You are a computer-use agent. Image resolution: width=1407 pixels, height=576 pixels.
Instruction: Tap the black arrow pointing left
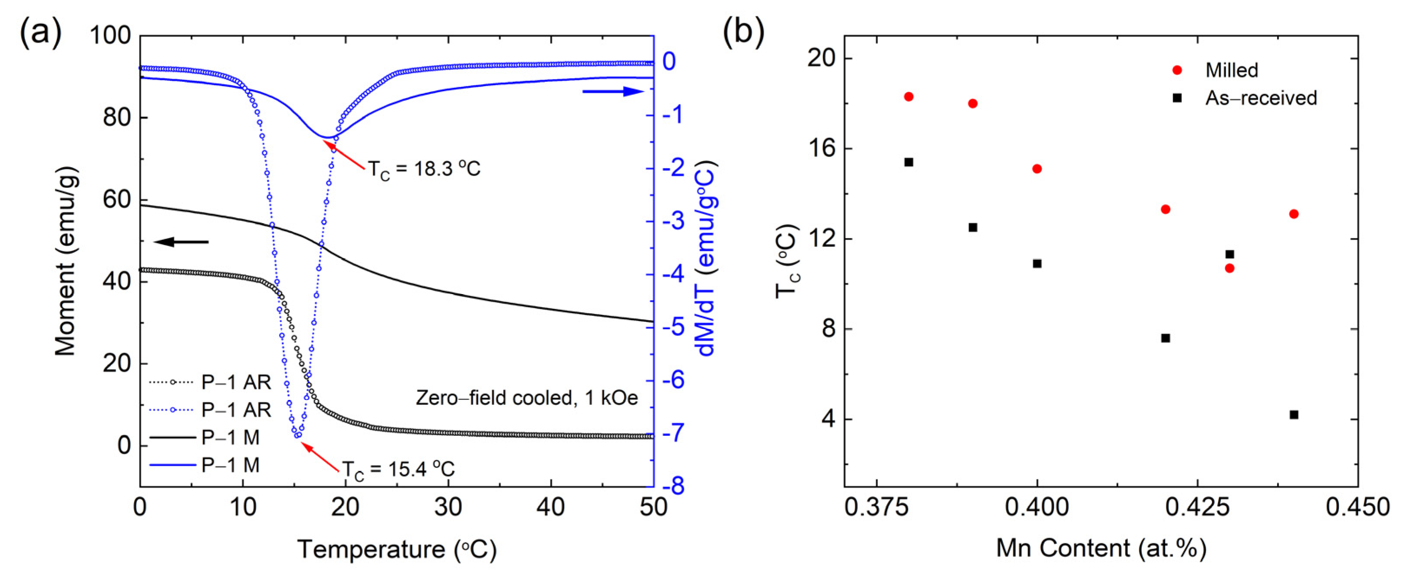181,242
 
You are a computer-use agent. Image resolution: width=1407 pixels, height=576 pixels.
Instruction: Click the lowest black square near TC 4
1293,415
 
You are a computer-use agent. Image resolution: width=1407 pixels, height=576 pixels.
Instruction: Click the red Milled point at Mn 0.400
1037,169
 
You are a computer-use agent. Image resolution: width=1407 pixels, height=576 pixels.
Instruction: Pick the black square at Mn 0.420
1165,338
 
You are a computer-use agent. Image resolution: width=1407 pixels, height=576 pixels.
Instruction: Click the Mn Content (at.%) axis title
1101,548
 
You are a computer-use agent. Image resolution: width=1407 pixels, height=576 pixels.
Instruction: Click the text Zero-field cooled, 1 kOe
527,398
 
